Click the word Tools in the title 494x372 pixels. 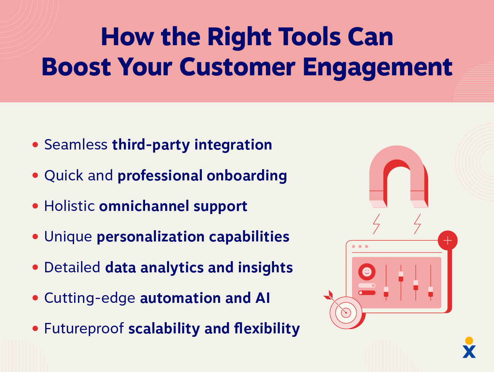[x=311, y=37]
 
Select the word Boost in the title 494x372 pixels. [x=76, y=67]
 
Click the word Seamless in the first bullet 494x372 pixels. [x=76, y=144]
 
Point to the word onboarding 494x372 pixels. [x=247, y=176]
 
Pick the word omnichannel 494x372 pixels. [x=144, y=206]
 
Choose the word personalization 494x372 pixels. [x=151, y=237]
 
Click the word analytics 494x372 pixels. [x=172, y=268]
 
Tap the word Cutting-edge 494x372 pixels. [x=90, y=298]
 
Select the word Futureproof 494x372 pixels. [x=84, y=328]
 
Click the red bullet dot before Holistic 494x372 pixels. [x=35, y=206]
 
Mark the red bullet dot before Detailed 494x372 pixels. [x=35, y=267]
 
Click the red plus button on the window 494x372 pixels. [x=448, y=241]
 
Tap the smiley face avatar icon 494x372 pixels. [x=367, y=272]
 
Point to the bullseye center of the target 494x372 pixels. [x=346, y=313]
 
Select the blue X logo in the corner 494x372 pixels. [x=469, y=352]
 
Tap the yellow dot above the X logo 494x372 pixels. [x=469, y=340]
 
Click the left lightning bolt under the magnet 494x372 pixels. [x=376, y=224]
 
